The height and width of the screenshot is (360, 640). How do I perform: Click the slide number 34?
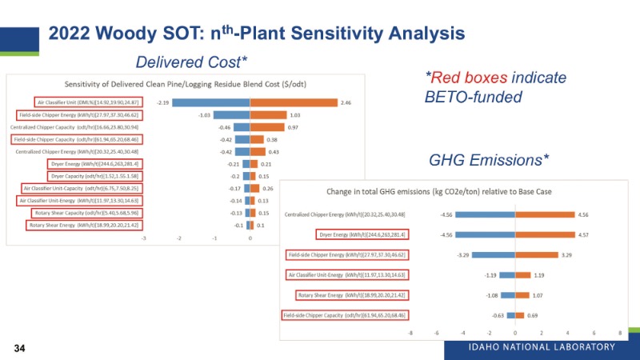[17, 349]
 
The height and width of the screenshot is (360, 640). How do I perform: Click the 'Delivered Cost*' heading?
[191, 62]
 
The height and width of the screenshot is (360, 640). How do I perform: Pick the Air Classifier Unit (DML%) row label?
[87, 102]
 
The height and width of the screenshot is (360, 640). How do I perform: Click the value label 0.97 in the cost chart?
[294, 127]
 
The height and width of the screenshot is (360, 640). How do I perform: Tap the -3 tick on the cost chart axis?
[144, 238]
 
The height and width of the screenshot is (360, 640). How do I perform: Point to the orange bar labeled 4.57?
[545, 234]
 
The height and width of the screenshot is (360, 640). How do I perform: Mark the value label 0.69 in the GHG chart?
[533, 315]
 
